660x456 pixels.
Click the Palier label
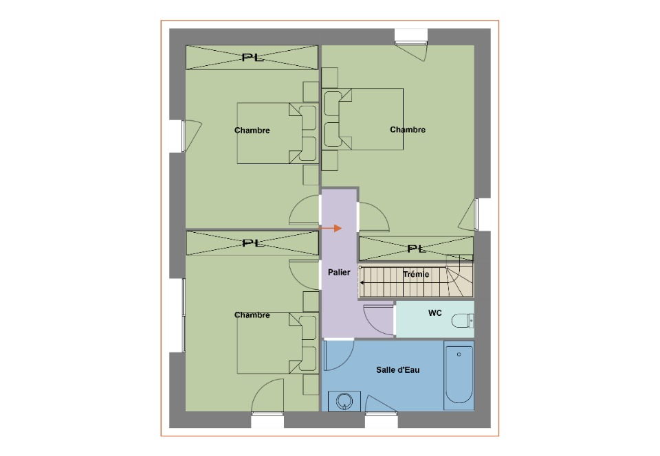(x=339, y=273)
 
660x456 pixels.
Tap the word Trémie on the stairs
(x=416, y=275)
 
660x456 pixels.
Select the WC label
(x=434, y=313)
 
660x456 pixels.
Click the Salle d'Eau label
(x=398, y=370)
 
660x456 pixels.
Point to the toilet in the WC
(x=462, y=321)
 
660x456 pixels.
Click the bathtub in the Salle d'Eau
(x=459, y=375)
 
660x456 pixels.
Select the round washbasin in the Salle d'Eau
(x=344, y=401)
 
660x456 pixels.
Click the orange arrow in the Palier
(x=331, y=228)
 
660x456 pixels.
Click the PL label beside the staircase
(x=417, y=249)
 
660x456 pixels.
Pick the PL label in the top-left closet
(x=252, y=58)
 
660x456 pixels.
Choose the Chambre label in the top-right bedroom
(x=408, y=130)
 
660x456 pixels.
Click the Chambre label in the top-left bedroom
(x=252, y=130)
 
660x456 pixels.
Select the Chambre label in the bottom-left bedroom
(x=252, y=315)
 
